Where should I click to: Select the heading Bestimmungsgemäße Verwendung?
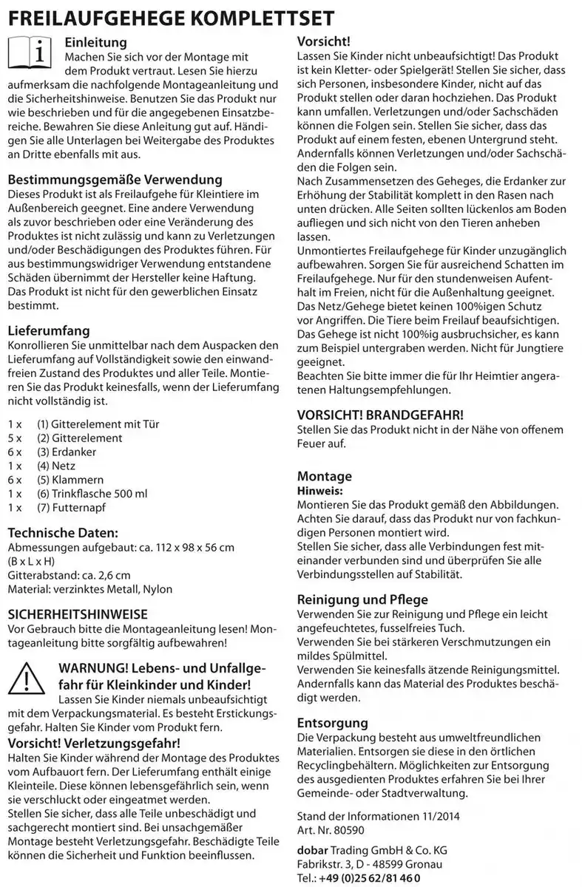coord(115,180)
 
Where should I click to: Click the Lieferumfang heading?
coord(48,330)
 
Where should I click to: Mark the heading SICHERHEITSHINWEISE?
coord(78,614)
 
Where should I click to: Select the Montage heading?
coord(324,476)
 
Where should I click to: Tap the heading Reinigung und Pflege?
coord(362,599)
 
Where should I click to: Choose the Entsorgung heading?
coord(332,722)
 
